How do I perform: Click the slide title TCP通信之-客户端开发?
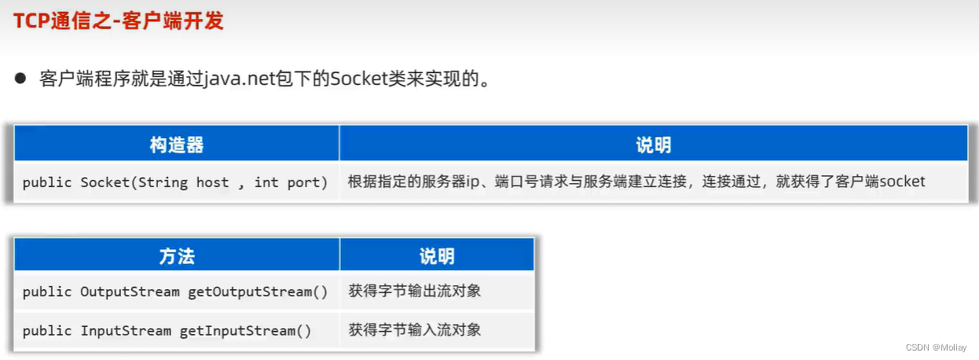tap(118, 20)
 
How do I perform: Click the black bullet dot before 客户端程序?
tap(21, 79)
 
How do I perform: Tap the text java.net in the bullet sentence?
tap(240, 79)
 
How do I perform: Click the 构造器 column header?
tap(177, 145)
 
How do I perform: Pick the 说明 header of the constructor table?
tap(653, 145)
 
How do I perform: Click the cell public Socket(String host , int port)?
tap(175, 182)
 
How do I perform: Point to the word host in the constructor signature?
tap(212, 182)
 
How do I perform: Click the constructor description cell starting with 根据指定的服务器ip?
tap(636, 182)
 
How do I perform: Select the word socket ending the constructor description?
tap(902, 182)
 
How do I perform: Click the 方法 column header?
tap(177, 255)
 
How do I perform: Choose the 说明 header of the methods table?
tap(437, 255)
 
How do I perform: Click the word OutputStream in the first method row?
tap(130, 292)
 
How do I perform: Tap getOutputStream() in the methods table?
tap(258, 292)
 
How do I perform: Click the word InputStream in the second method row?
tap(126, 331)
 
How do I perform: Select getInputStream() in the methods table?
tap(245, 331)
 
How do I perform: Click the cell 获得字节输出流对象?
tap(415, 292)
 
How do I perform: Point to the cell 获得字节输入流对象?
tap(415, 330)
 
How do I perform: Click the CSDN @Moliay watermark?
tap(936, 347)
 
